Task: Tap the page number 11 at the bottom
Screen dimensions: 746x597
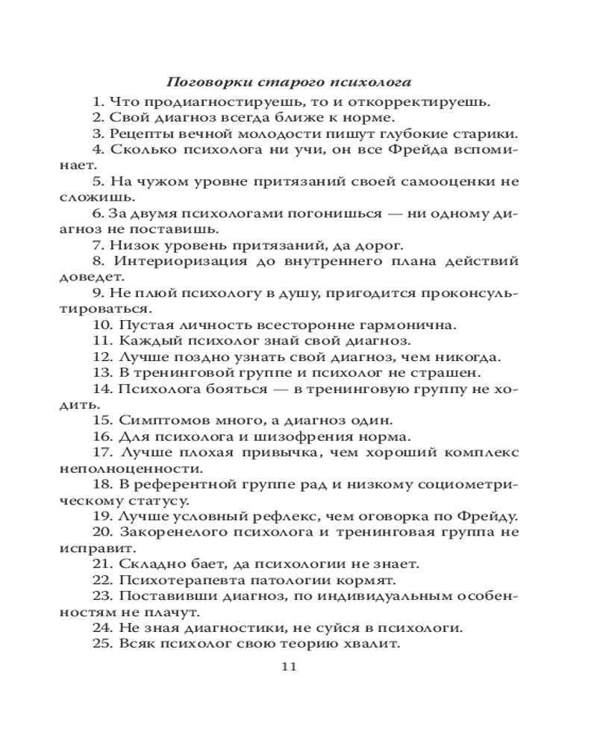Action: pyautogui.click(x=290, y=666)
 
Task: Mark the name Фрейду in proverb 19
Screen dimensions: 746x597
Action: pyautogui.click(x=493, y=517)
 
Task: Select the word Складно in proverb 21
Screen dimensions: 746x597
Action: pyautogui.click(x=148, y=565)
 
